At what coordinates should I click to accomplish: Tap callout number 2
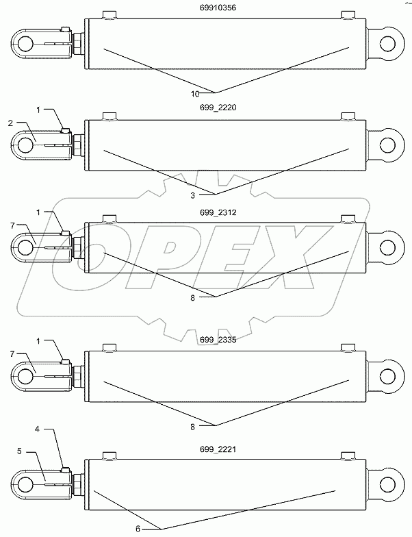[11, 123]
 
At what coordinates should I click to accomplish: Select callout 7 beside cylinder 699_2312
[11, 225]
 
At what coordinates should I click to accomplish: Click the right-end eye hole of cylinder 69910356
[388, 42]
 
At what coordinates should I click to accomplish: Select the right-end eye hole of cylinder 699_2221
[388, 483]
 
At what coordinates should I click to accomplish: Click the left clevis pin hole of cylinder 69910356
[26, 44]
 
